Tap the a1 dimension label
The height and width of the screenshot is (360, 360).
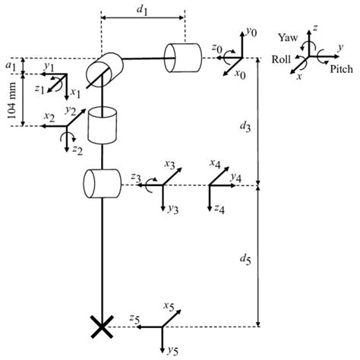[10, 66]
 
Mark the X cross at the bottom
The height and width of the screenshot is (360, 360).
[99, 328]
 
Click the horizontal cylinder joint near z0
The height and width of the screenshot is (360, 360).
[183, 56]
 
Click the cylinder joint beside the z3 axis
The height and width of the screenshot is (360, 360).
[102, 182]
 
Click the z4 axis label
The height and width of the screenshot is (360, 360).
[218, 209]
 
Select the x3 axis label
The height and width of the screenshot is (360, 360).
[170, 165]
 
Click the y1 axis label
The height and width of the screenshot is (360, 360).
[49, 68]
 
